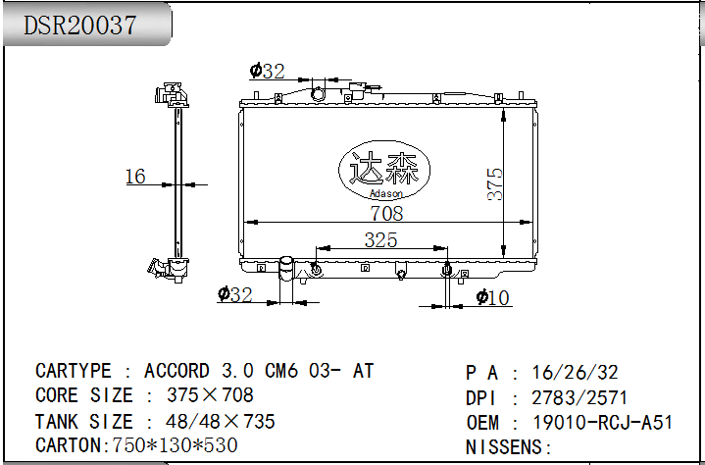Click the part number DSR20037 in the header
[x=79, y=25]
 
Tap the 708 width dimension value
[x=386, y=213]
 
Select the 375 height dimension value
[x=495, y=183]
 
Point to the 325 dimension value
[x=380, y=239]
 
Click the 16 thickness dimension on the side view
[x=135, y=177]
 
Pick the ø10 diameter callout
[x=492, y=297]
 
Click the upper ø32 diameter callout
[x=267, y=71]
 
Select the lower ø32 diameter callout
[x=234, y=294]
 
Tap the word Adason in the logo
[x=385, y=194]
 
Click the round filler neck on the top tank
[x=318, y=94]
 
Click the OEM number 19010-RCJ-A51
[x=602, y=422]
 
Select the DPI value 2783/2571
[x=579, y=397]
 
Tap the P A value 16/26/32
[x=575, y=373]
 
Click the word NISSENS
[x=504, y=447]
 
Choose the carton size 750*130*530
[x=175, y=445]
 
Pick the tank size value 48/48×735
[x=220, y=422]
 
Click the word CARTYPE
[x=73, y=371]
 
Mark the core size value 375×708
[x=210, y=395]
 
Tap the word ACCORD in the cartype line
[x=176, y=371]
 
